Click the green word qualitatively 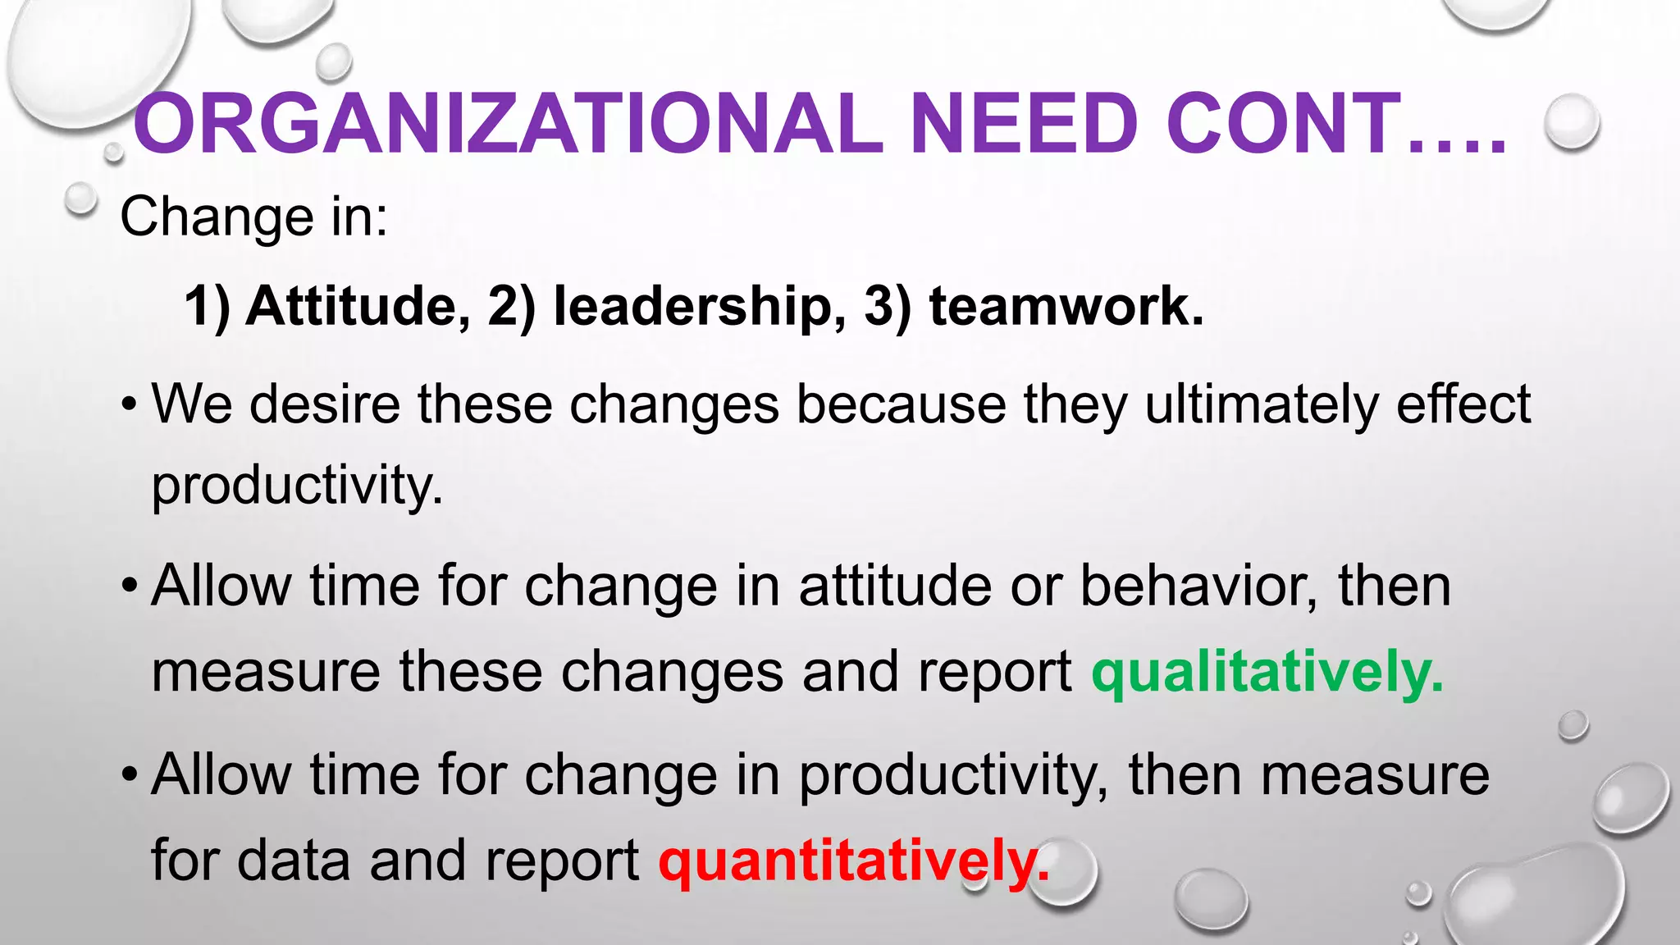(1267, 673)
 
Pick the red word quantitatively (853, 861)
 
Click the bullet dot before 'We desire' (129, 405)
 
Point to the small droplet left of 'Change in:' (80, 199)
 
